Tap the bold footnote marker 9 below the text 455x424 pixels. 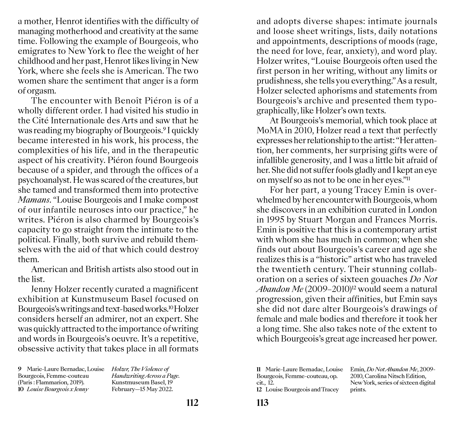(x=20, y=369)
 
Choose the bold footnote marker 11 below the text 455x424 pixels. (x=259, y=369)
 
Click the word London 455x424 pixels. (x=423, y=210)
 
